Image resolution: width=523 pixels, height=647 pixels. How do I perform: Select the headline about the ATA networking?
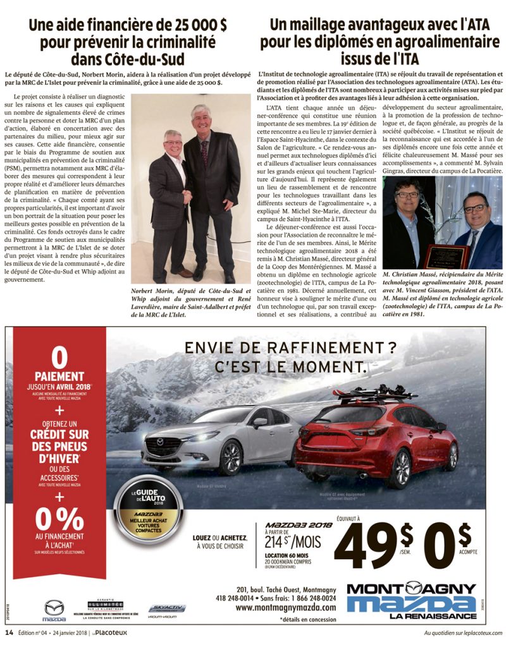point(380,42)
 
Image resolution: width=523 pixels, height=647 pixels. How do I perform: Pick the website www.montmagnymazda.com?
point(286,608)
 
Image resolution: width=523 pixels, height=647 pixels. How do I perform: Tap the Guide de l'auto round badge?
point(147,507)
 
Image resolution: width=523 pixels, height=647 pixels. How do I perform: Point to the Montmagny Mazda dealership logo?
point(411,600)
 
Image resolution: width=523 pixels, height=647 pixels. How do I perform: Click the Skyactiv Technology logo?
point(167,609)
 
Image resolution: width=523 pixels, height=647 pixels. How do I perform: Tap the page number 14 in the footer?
point(9,632)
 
